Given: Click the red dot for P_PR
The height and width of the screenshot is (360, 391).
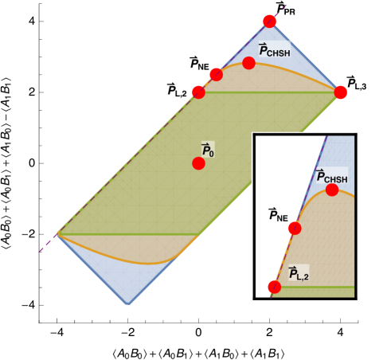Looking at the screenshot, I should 270,21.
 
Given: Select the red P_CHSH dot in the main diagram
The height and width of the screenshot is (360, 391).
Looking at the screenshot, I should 248,63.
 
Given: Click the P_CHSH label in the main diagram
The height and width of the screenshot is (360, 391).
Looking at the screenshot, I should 275,49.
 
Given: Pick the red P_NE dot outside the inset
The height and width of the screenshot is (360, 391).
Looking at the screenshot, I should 217,75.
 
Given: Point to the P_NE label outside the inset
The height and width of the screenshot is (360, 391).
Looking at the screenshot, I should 199,63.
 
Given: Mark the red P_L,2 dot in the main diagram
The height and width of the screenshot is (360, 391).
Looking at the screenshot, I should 198,92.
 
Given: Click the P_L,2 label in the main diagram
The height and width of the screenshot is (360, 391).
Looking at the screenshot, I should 177,89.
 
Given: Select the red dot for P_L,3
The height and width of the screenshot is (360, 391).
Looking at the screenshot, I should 341,92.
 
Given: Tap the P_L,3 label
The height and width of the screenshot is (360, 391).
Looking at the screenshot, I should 357,82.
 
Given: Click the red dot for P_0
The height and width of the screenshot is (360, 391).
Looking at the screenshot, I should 198,163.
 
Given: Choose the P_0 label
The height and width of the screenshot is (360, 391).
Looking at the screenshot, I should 208,149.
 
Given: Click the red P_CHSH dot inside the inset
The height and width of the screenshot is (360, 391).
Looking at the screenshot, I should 332,190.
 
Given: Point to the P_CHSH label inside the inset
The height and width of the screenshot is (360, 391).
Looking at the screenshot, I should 332,176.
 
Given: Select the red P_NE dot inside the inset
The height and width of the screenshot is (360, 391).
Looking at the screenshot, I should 295,229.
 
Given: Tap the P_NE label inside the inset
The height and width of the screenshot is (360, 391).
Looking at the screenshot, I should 278,214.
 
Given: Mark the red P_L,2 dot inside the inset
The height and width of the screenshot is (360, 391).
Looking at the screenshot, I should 275,287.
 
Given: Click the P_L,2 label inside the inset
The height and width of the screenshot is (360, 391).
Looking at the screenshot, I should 299,274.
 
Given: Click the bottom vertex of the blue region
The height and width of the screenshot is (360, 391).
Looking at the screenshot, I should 128,305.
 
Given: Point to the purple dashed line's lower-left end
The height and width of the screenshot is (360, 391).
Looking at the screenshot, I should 40,252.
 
